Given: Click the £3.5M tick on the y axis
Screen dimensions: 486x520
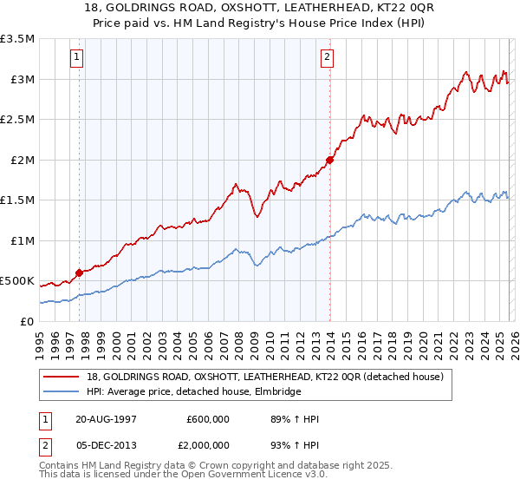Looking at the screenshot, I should click(17, 39).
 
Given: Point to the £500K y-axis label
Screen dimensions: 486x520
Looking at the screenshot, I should click(17, 281).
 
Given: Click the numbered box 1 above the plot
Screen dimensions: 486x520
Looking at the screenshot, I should click(79, 58).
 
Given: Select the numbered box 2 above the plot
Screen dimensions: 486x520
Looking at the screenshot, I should click(328, 58).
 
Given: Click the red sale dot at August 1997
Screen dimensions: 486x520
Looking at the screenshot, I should click(80, 273).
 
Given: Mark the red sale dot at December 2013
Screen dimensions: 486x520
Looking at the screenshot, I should click(330, 160).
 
